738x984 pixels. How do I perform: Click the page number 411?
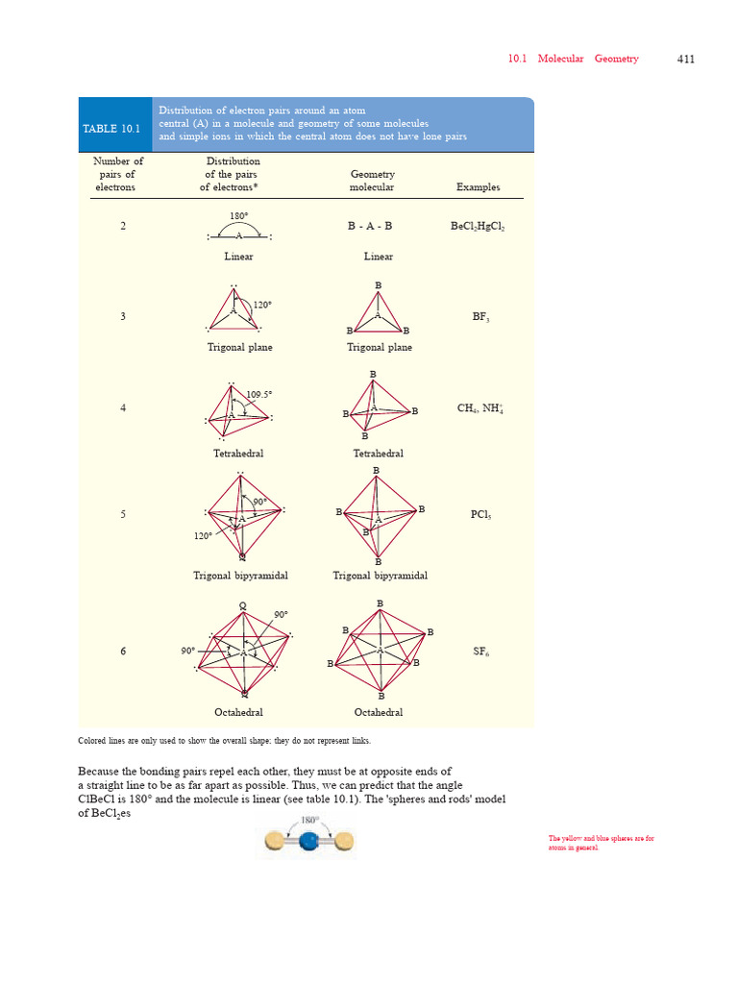tap(685, 59)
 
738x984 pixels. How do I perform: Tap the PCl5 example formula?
tap(480, 515)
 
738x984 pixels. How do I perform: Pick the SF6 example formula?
tap(481, 652)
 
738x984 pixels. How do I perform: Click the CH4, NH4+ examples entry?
tap(480, 408)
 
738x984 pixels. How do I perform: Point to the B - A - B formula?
tap(370, 226)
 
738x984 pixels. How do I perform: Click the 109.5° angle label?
tap(259, 394)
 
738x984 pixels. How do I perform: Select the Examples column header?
tap(478, 187)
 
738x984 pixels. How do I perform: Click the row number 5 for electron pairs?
tap(123, 515)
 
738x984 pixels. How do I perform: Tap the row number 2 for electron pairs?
tap(123, 226)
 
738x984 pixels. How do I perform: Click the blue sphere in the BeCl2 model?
tap(308, 843)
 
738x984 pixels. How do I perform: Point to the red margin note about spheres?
tap(601, 843)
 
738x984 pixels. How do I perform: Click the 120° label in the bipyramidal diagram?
tap(203, 536)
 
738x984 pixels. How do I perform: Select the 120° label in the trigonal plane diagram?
tap(262, 305)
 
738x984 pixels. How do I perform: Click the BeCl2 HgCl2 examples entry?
tap(478, 227)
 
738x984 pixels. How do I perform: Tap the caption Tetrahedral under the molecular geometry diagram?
tap(378, 454)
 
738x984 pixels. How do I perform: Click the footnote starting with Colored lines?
tap(223, 741)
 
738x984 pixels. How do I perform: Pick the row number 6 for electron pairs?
tap(123, 652)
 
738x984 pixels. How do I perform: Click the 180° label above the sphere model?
tap(308, 820)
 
